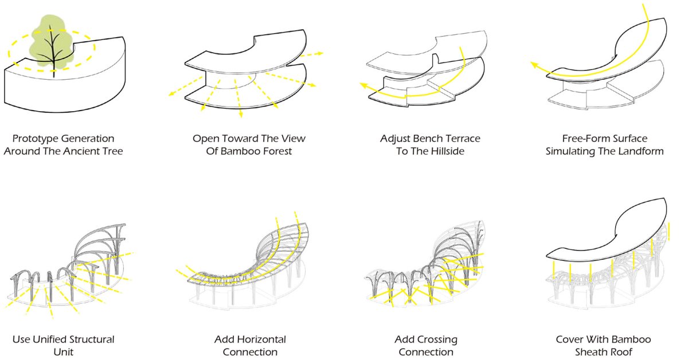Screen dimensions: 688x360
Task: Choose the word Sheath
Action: coord(590,352)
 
